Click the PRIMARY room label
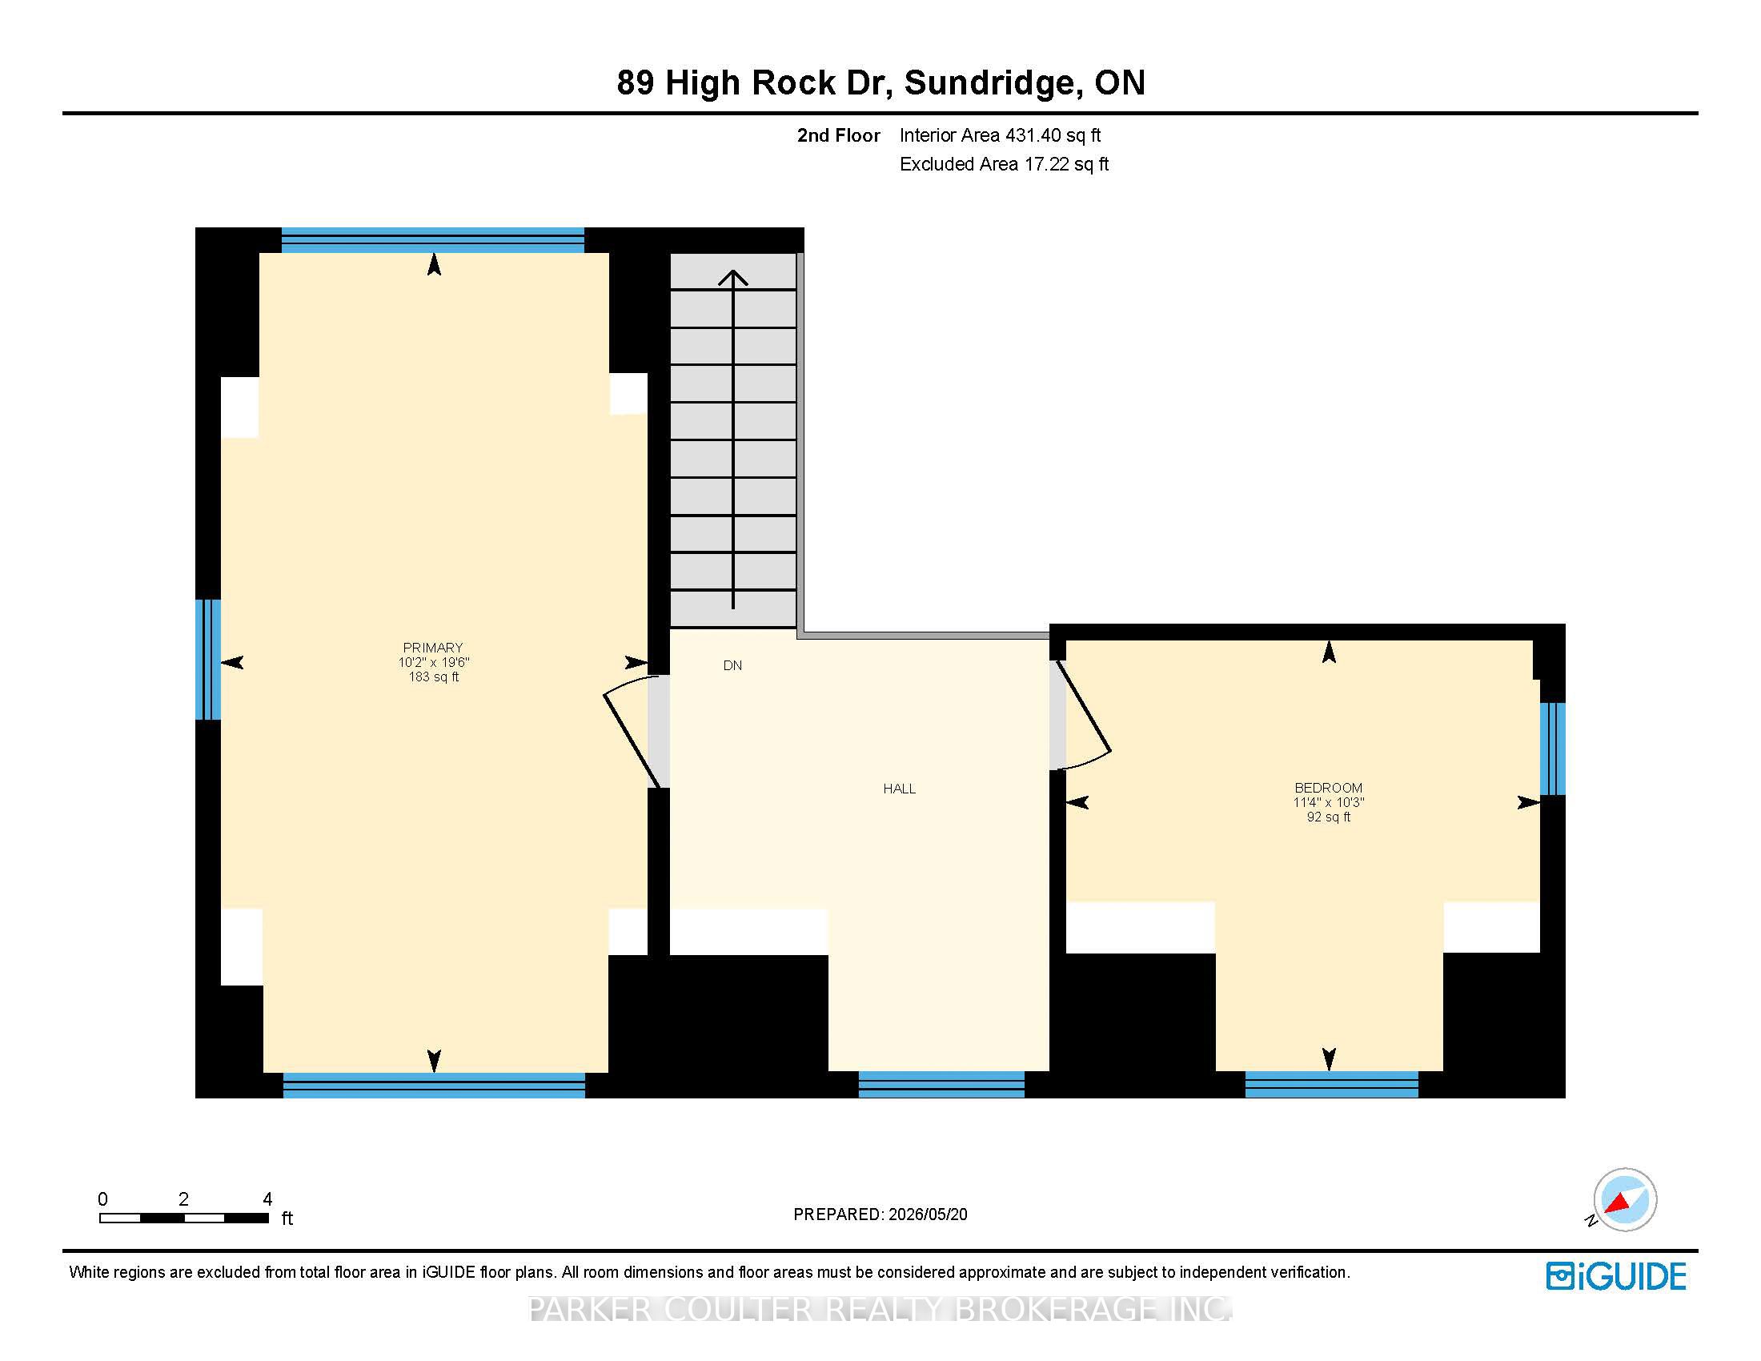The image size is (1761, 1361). click(433, 648)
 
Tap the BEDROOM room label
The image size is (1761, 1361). click(1328, 788)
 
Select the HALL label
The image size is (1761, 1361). click(899, 789)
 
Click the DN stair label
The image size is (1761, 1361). click(732, 665)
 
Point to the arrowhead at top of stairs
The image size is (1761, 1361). click(733, 278)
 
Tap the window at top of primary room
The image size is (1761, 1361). click(432, 240)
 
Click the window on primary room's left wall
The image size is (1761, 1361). click(208, 659)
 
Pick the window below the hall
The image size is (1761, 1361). click(941, 1085)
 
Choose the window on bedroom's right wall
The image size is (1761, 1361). click(1552, 749)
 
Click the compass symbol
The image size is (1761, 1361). click(1624, 1199)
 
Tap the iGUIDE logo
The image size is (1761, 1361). click(1616, 1275)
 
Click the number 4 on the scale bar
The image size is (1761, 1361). click(267, 1199)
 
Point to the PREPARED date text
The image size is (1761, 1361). click(880, 1214)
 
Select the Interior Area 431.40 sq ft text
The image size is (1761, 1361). click(1000, 135)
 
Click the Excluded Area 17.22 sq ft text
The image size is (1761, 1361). click(1004, 164)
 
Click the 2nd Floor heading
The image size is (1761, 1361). click(839, 135)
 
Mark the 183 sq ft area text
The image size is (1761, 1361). click(433, 676)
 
